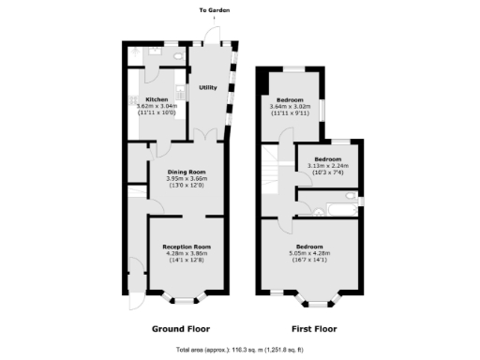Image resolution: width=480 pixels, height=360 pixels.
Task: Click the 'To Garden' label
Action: pyautogui.click(x=214, y=11)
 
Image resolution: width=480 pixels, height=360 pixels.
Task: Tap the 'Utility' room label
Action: pyautogui.click(x=207, y=88)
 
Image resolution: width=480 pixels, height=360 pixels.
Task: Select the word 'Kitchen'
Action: pyautogui.click(x=156, y=99)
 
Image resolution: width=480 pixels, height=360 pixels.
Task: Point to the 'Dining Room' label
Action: pyautogui.click(x=186, y=172)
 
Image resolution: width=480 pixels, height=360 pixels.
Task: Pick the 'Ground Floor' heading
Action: pyautogui.click(x=180, y=329)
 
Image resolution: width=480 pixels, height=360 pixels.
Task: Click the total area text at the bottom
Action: pyautogui.click(x=240, y=351)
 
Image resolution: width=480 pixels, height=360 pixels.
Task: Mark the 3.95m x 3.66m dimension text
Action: pyautogui.click(x=186, y=179)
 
